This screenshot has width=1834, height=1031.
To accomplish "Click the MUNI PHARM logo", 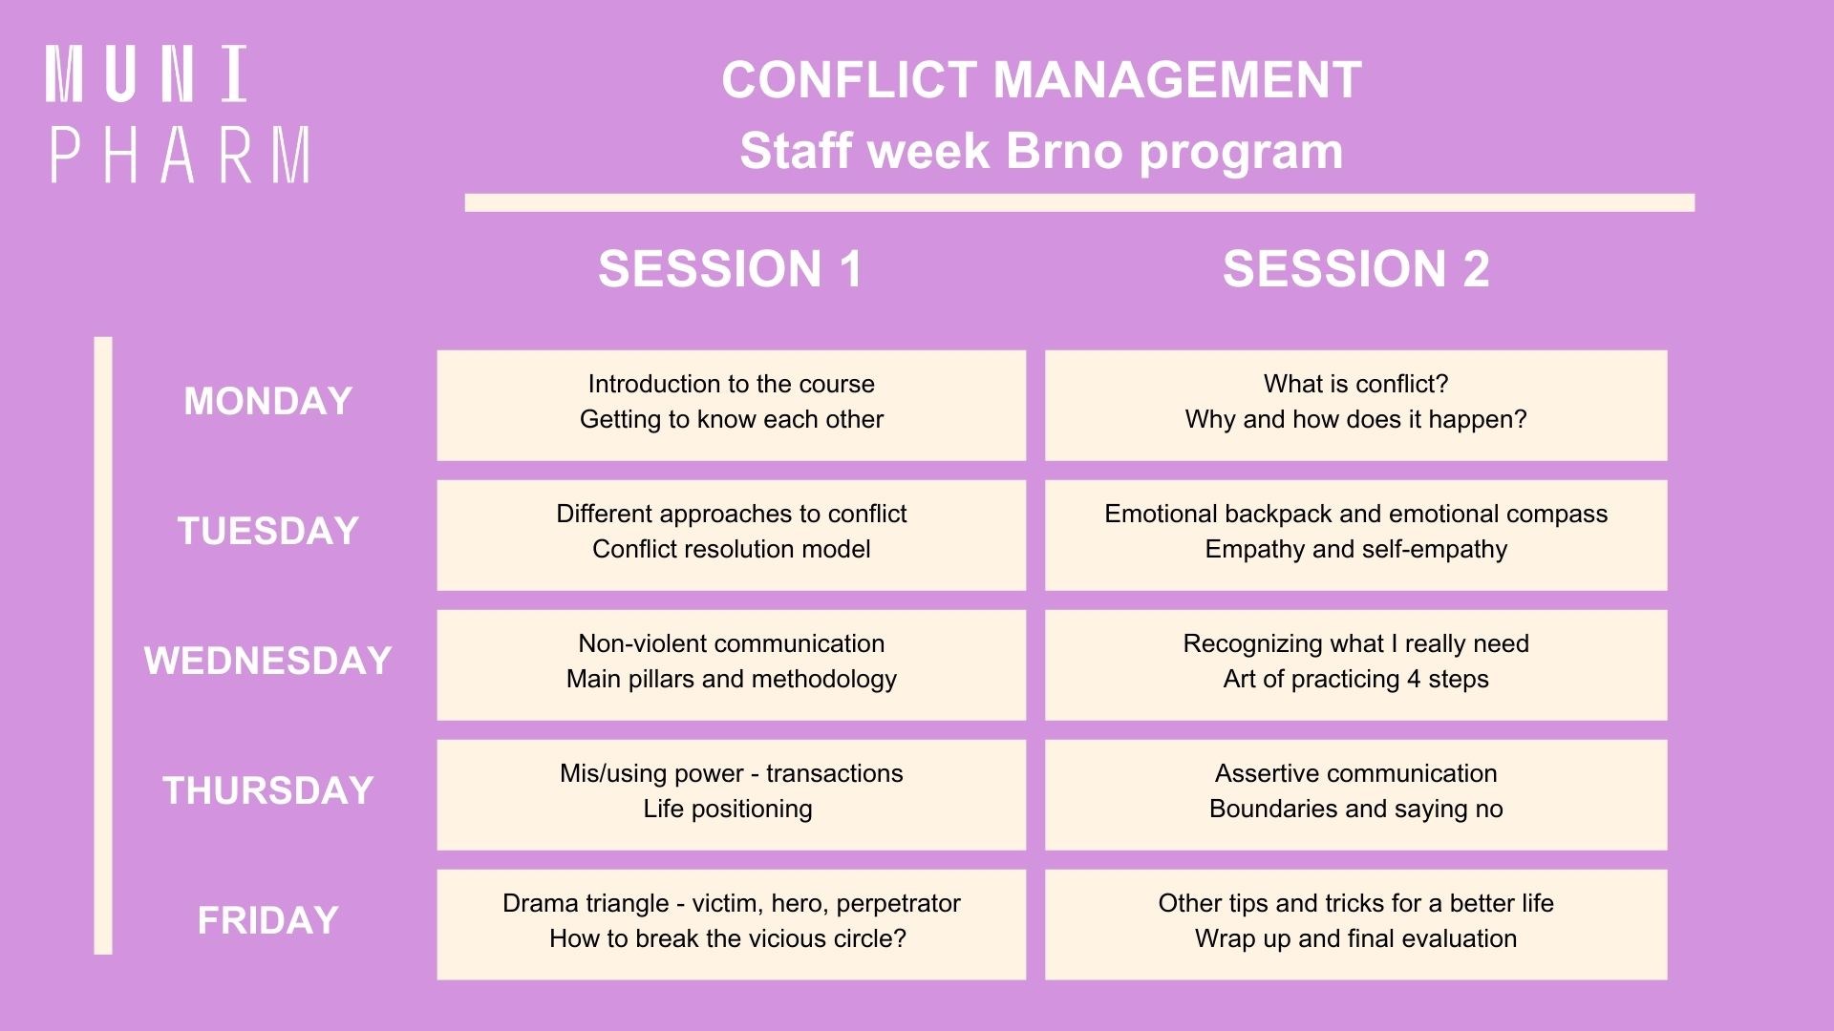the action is coord(179,114).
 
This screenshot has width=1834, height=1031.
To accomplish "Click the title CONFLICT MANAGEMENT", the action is coord(1041,79).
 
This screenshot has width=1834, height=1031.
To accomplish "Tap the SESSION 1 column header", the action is coord(731,268).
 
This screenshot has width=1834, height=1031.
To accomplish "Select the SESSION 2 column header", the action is coord(1356,268).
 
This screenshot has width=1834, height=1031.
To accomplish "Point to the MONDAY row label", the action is coord(268,401).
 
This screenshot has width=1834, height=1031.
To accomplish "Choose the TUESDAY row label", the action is coord(268,531).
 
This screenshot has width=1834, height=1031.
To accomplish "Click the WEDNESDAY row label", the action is coord(268,661).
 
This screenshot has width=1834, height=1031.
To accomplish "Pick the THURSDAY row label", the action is coord(268,790).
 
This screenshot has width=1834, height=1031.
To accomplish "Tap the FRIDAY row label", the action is coord(268,920).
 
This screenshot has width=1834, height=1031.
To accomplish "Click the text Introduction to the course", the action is coord(732,384).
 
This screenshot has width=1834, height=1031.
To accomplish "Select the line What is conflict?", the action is coord(1356,384).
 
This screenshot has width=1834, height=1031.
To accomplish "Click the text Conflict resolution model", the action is coord(732,549).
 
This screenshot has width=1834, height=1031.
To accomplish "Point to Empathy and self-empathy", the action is coord(1356,549).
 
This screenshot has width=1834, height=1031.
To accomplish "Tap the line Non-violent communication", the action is coord(732,643).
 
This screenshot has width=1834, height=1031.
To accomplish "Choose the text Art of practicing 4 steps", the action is coord(1356,679).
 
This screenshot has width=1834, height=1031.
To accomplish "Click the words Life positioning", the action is coord(728,809).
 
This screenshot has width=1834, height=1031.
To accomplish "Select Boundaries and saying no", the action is coord(1356,809).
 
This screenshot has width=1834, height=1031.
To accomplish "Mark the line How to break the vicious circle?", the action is coord(728,938).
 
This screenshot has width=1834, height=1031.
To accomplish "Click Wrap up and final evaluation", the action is coord(1356,938).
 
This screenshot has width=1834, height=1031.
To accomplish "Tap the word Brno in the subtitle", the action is coord(1065,151).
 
